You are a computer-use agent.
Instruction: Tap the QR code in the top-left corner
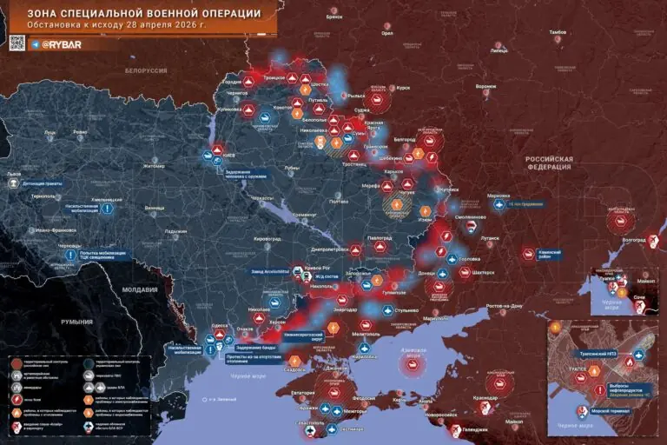(x=17, y=43)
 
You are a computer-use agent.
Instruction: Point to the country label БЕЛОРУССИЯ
(x=145, y=70)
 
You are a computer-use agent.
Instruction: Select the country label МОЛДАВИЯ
(x=140, y=289)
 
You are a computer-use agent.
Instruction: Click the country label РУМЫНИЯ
(x=77, y=321)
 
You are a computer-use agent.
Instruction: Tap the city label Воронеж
(x=485, y=87)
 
